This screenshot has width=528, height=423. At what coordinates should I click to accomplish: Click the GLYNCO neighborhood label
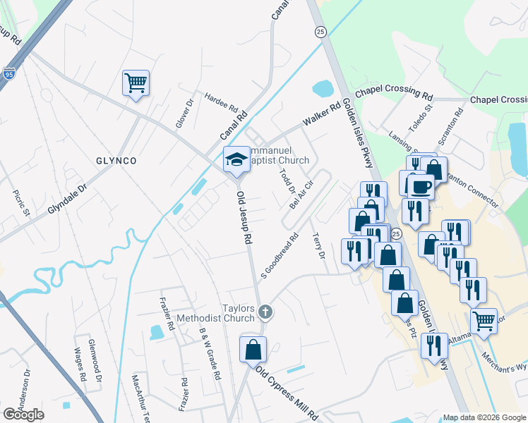[x=116, y=161]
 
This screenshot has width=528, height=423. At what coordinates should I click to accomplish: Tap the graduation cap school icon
[x=236, y=159]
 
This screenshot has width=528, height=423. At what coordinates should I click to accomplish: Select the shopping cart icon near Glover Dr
[x=135, y=82]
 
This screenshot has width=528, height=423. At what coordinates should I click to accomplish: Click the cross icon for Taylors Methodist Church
[x=265, y=311]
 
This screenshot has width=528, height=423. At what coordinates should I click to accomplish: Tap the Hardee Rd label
[x=221, y=102]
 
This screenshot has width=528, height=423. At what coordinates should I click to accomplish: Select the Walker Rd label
[x=322, y=114]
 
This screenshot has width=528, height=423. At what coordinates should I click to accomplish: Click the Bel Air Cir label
[x=301, y=192]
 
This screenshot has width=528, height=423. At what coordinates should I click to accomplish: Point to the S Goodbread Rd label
[x=280, y=255]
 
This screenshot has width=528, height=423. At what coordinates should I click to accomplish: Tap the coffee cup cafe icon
[x=420, y=187]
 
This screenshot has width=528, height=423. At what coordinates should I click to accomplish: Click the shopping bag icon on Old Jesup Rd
[x=252, y=350]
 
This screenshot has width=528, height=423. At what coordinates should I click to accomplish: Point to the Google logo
[x=23, y=415]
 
